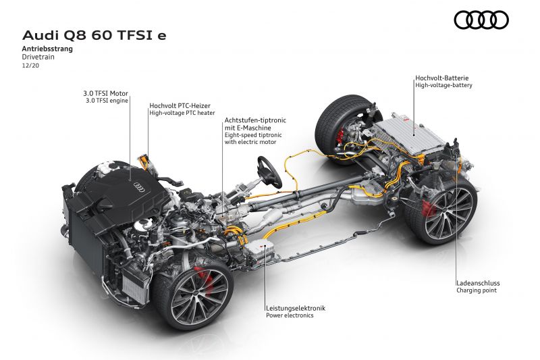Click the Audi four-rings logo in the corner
coord(481,20)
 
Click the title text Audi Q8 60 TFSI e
coord(94,35)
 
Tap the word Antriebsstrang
coord(47,49)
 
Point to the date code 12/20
coord(30,65)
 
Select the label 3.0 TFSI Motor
coord(105,93)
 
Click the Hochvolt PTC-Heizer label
coord(180,105)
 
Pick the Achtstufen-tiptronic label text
coord(255,120)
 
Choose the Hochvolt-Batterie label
coord(442,78)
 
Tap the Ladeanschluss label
coord(478,283)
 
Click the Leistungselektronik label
coord(296,308)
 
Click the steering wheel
coord(269,172)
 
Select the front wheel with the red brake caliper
coord(194,294)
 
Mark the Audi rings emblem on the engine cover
coord(139,186)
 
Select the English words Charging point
coord(477,290)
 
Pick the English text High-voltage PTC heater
coord(182,113)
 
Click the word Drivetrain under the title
coord(38,57)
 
